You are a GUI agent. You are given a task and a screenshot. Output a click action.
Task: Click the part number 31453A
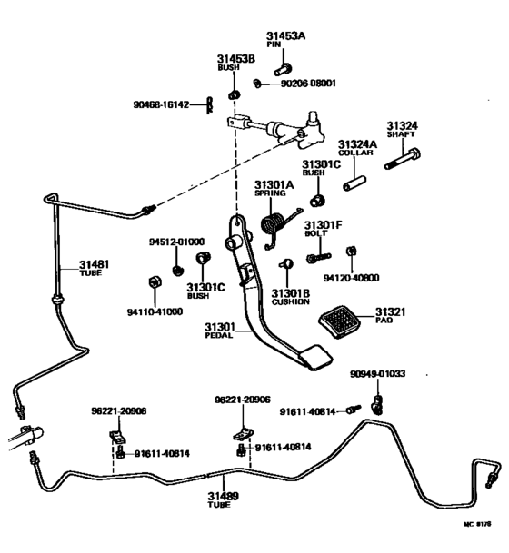point(287,35)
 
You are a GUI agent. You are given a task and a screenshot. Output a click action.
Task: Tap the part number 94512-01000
point(176,242)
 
